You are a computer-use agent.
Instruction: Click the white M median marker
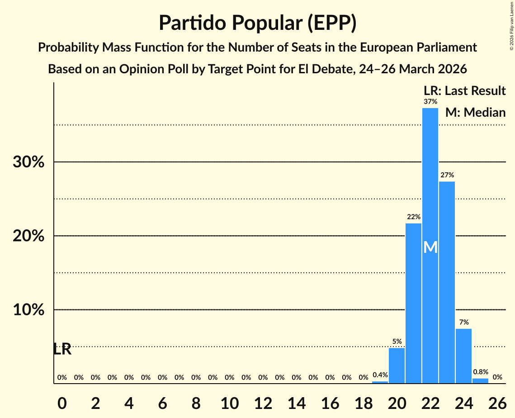(430, 247)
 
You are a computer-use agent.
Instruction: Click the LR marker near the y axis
(62, 349)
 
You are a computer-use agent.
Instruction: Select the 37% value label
(430, 102)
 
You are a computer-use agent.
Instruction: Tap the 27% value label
(447, 175)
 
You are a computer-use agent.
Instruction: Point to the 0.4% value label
(380, 375)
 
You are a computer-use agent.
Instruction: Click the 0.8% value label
(480, 372)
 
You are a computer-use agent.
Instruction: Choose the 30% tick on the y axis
(28, 162)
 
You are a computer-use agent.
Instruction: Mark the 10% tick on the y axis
(28, 310)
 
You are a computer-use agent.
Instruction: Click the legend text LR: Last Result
(464, 91)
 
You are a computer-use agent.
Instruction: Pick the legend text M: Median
(475, 112)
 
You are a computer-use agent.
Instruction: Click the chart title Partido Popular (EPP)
(257, 23)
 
